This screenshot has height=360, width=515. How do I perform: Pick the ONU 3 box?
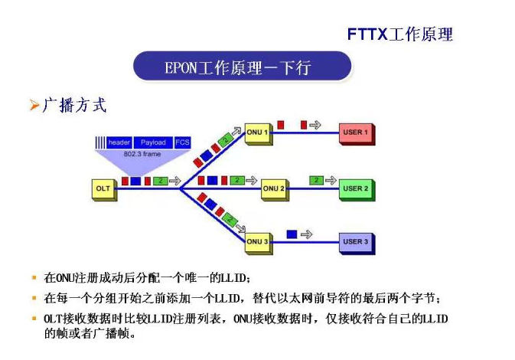(x=256, y=242)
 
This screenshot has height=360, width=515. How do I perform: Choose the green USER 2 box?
(x=355, y=188)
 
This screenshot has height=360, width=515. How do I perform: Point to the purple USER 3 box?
(x=355, y=242)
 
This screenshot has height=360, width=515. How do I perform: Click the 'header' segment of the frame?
(x=119, y=142)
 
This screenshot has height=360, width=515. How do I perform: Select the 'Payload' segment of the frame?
(x=153, y=142)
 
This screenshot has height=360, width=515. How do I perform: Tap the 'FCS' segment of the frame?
(x=182, y=142)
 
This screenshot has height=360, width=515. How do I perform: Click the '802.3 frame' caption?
(x=142, y=153)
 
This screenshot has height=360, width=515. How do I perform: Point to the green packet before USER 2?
(x=317, y=180)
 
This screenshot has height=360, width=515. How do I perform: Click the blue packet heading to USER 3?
(x=291, y=233)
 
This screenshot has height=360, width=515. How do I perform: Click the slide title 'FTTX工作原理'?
(x=399, y=34)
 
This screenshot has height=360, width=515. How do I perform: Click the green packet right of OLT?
(x=159, y=181)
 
